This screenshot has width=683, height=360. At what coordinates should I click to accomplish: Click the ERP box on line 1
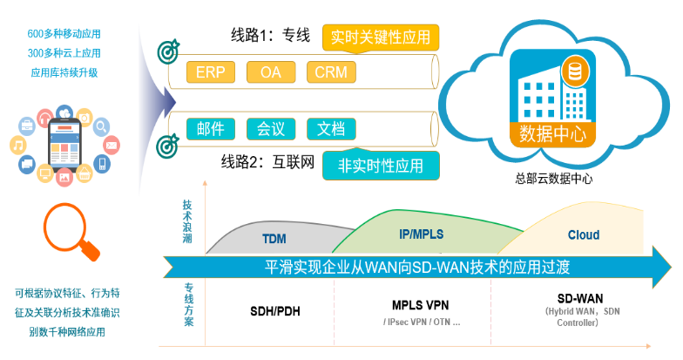click(x=210, y=71)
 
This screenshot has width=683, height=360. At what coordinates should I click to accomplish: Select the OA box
click(x=271, y=71)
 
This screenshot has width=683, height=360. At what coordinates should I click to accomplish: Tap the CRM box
click(x=332, y=71)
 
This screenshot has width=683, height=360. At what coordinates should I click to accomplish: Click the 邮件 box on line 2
click(x=210, y=129)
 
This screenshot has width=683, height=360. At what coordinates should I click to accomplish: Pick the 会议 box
click(x=271, y=129)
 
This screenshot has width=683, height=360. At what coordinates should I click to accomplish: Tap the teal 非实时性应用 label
click(x=380, y=165)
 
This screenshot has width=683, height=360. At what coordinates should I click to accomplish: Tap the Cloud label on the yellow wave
click(x=583, y=235)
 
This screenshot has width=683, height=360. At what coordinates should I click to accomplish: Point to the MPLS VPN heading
click(x=422, y=306)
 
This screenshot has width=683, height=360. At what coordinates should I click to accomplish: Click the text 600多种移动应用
click(x=64, y=34)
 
